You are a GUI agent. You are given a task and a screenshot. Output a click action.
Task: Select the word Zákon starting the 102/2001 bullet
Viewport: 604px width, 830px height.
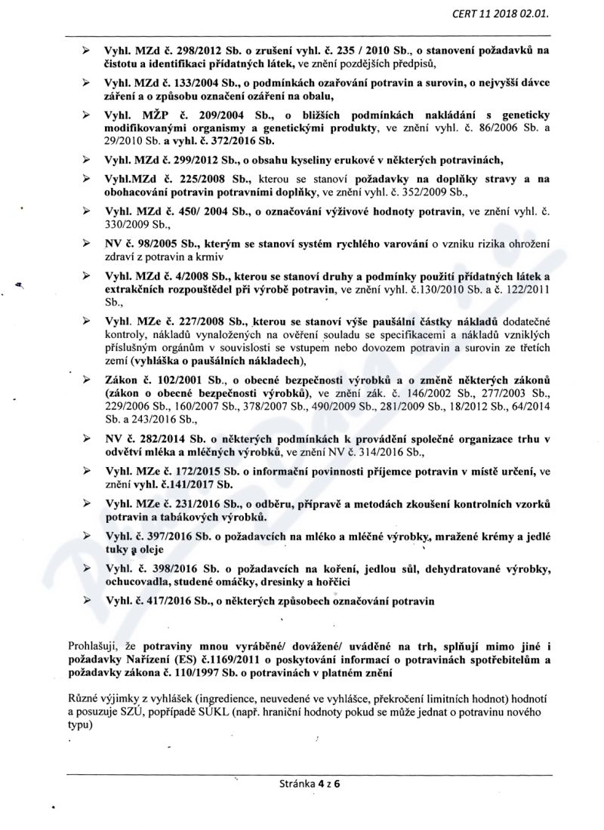coord(121,379)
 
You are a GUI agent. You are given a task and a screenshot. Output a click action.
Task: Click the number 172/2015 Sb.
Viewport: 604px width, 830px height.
coord(184,472)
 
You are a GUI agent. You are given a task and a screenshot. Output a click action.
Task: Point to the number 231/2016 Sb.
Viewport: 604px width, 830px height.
coord(185,504)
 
